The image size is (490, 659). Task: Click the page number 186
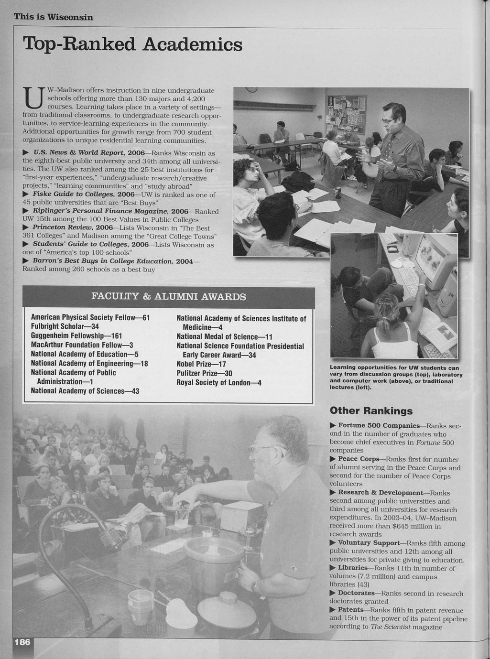click(x=22, y=642)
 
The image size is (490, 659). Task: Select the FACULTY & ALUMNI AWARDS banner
click(x=168, y=297)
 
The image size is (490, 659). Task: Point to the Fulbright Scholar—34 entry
click(x=65, y=326)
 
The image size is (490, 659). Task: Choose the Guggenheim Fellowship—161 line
click(x=76, y=335)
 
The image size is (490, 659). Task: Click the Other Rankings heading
click(x=371, y=411)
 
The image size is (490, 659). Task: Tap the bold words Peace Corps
click(x=358, y=459)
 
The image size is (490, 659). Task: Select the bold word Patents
click(x=350, y=610)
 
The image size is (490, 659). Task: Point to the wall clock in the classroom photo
click(x=251, y=89)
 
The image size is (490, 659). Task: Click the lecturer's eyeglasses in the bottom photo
click(x=264, y=449)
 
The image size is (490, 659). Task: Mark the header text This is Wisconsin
click(x=53, y=17)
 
